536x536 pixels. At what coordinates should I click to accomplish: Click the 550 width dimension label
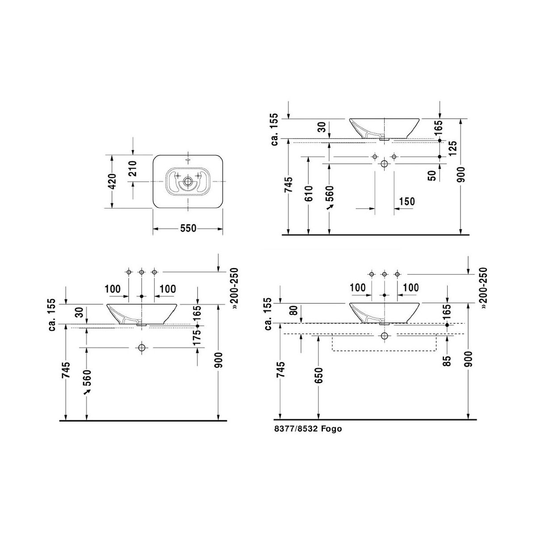(x=188, y=228)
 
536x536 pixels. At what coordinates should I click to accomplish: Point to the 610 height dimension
(x=309, y=193)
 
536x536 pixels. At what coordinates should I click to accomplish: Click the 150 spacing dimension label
(x=407, y=201)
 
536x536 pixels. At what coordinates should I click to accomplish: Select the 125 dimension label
(x=453, y=148)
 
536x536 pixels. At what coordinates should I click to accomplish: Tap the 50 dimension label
(x=432, y=176)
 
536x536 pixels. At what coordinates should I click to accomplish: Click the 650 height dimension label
(x=319, y=375)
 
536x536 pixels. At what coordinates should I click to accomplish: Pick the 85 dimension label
(x=447, y=361)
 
